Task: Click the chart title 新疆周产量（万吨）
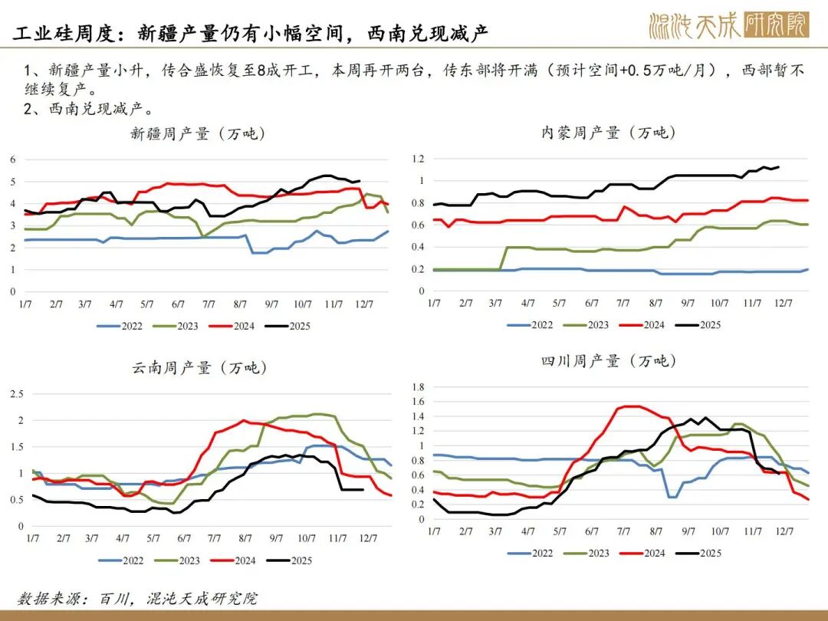[x=198, y=133]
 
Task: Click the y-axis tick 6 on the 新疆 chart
[x=13, y=159]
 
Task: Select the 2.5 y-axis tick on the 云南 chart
[x=15, y=394]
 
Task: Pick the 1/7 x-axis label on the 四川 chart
[x=434, y=531]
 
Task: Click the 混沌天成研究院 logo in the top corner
[x=728, y=26]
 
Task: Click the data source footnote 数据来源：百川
[x=139, y=599]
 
